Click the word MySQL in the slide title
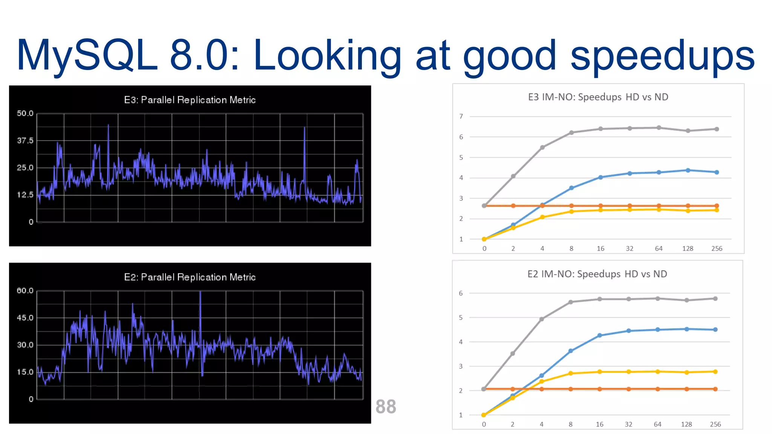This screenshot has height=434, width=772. pos(87,56)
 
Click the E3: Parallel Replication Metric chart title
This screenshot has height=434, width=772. pos(190,100)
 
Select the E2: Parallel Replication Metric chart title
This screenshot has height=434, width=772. pos(190,277)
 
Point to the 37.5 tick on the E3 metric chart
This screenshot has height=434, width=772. pos(25,141)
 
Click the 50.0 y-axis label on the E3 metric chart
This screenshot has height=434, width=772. pos(25,113)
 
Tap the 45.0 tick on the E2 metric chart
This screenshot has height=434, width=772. pos(25,318)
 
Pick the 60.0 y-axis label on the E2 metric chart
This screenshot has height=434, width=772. pos(25,291)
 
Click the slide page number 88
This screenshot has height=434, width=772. pos(386,407)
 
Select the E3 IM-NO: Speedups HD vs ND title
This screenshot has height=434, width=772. pos(598,97)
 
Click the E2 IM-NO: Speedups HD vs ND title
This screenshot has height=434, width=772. pos(597,274)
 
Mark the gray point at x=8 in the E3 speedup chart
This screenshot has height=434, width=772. pos(571,133)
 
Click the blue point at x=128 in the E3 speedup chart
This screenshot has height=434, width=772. pos(688,170)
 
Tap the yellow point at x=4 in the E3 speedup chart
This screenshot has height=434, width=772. pos(542,217)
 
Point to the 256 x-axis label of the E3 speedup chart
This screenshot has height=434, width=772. pos(717,249)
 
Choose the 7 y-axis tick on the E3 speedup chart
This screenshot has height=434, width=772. pos(461,116)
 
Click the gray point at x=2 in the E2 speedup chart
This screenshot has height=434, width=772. pos(513,353)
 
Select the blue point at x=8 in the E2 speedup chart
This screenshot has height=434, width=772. pos(571,351)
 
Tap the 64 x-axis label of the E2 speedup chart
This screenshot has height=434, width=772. pos(657,424)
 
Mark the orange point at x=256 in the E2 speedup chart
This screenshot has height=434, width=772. pos(715,389)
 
